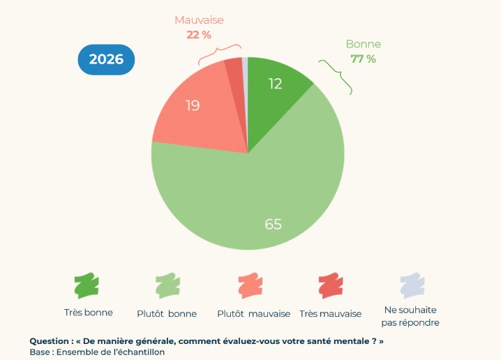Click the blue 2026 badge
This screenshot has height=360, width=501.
coord(106,59)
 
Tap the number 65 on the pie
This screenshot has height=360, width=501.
coord(273,224)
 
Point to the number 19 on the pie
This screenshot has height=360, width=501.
coord(193,106)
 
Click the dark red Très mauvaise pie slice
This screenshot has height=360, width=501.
coord(234,70)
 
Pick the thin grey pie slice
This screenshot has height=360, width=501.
coord(245,66)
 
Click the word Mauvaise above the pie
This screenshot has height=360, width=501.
coord(200,20)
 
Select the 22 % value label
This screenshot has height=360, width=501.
coord(200,33)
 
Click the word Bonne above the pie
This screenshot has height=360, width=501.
coord(363,45)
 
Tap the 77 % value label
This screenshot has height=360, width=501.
coord(363,59)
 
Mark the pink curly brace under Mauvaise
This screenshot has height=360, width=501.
coord(219,51)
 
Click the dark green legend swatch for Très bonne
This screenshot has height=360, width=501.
coord(87,285)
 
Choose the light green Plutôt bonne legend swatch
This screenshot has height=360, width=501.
coord(167,285)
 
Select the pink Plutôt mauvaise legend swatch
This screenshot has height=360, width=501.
coord(250,285)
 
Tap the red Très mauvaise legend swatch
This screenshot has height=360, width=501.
coord(331,285)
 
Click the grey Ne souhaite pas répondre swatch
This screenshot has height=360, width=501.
coord(412,285)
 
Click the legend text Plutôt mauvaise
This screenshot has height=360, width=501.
coord(253,314)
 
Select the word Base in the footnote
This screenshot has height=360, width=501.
coord(40,352)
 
